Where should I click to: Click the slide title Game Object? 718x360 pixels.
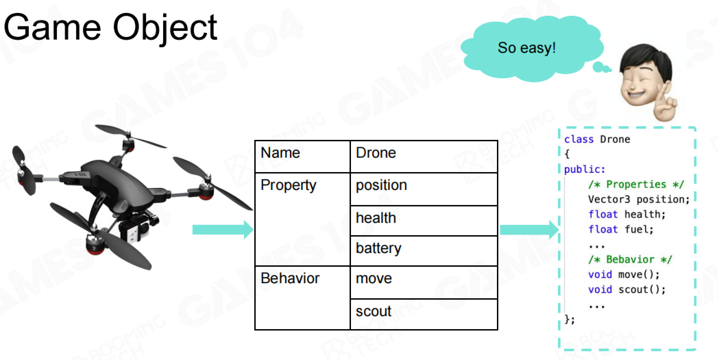[110, 28]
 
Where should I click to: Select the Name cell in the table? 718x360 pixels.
[302, 156]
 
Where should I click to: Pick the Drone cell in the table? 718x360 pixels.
[424, 156]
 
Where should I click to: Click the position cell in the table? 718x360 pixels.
[424, 189]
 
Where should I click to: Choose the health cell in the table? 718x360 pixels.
[424, 221]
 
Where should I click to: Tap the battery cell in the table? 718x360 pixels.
[424, 251]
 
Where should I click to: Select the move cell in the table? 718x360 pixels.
[424, 283]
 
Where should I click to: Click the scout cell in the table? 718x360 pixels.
[424, 314]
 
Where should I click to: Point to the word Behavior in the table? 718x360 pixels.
[290, 278]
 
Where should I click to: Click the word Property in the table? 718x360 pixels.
[289, 185]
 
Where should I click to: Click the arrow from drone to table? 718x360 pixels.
[223, 229]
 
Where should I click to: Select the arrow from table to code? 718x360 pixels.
[529, 229]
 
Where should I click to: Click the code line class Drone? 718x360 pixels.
[597, 139]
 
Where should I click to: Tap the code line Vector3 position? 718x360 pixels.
[639, 199]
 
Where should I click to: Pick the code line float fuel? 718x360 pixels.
[621, 229]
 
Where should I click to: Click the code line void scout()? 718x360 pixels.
[627, 289]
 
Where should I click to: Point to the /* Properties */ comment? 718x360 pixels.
[636, 184]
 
